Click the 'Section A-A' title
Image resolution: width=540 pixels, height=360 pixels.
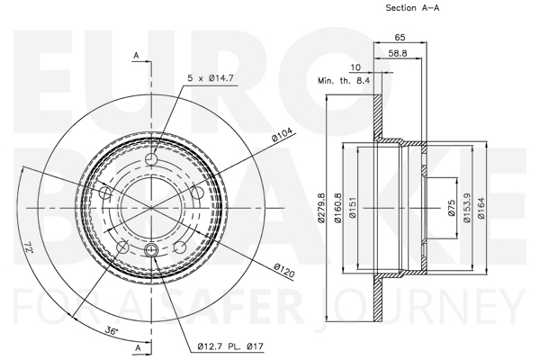[x=412, y=7]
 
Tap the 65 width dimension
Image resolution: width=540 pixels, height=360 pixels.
[x=400, y=37]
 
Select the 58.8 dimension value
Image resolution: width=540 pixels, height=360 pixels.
[x=398, y=53]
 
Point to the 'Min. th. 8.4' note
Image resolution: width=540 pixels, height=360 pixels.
[x=344, y=81]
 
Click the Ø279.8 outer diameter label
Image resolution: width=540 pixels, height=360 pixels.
[x=321, y=208]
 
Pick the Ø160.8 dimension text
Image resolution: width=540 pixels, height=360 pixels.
[x=337, y=208]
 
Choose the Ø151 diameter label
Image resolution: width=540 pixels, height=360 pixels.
[x=352, y=208]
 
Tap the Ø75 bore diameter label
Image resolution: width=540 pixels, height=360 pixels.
[x=452, y=208]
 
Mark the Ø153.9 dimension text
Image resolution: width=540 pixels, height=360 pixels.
[x=466, y=208]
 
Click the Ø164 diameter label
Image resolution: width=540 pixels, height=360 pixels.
[x=481, y=208]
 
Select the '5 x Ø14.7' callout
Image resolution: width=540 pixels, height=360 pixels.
[x=211, y=78]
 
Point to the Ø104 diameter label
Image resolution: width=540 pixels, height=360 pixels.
[x=282, y=135]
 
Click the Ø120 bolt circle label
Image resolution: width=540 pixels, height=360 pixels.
[x=284, y=270]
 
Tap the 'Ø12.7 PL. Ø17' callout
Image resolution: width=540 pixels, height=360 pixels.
[x=230, y=346]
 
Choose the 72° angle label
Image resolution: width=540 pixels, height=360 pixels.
[x=29, y=247]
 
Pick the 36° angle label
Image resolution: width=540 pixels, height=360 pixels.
[x=112, y=331]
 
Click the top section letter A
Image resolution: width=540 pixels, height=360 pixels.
[x=137, y=56]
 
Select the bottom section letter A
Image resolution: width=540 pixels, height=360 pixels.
[x=138, y=347]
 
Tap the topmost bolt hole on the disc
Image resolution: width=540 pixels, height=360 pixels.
[x=151, y=159]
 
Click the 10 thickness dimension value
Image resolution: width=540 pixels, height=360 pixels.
[x=355, y=67]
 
